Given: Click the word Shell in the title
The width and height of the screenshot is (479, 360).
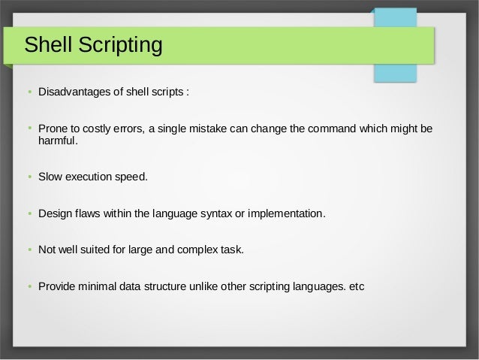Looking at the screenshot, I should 49,45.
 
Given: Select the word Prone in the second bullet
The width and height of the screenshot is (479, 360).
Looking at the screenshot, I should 53,129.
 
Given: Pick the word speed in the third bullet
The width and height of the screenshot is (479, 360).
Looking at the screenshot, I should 131,178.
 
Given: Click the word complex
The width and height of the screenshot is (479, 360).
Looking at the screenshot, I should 198,250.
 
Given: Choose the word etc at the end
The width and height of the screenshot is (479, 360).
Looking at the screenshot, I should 354,286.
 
